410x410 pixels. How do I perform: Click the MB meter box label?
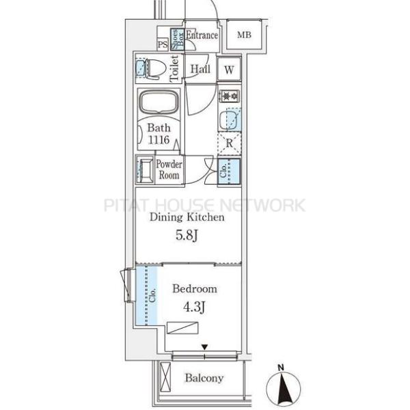(244, 35)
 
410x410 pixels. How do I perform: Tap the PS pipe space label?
(163, 44)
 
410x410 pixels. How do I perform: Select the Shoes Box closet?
(177, 39)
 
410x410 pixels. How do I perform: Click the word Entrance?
(202, 35)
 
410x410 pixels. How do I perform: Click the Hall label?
(200, 69)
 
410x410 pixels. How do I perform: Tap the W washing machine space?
(229, 69)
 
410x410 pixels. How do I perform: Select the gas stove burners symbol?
(230, 96)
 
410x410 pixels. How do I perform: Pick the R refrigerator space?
(230, 143)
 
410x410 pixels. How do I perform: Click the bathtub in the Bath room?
(159, 102)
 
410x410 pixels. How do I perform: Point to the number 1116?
(159, 140)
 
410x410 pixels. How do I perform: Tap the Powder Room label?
(169, 169)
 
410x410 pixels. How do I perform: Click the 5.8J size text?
(186, 235)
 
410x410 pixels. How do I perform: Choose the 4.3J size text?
(194, 307)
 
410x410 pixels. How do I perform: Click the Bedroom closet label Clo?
(152, 295)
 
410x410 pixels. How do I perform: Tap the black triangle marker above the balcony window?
(204, 347)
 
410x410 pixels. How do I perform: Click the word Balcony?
(204, 378)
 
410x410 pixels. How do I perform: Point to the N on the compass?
(281, 368)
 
